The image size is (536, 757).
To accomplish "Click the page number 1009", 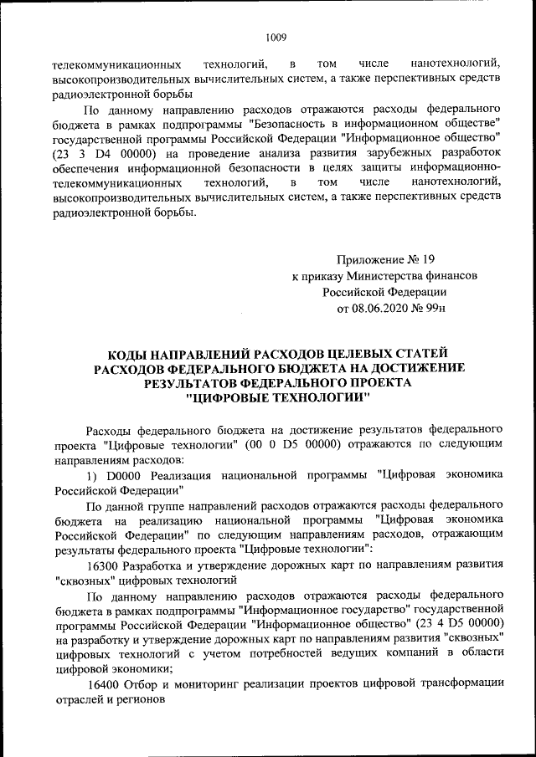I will tap(276, 37).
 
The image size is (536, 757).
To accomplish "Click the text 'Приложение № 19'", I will tap(385, 259).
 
